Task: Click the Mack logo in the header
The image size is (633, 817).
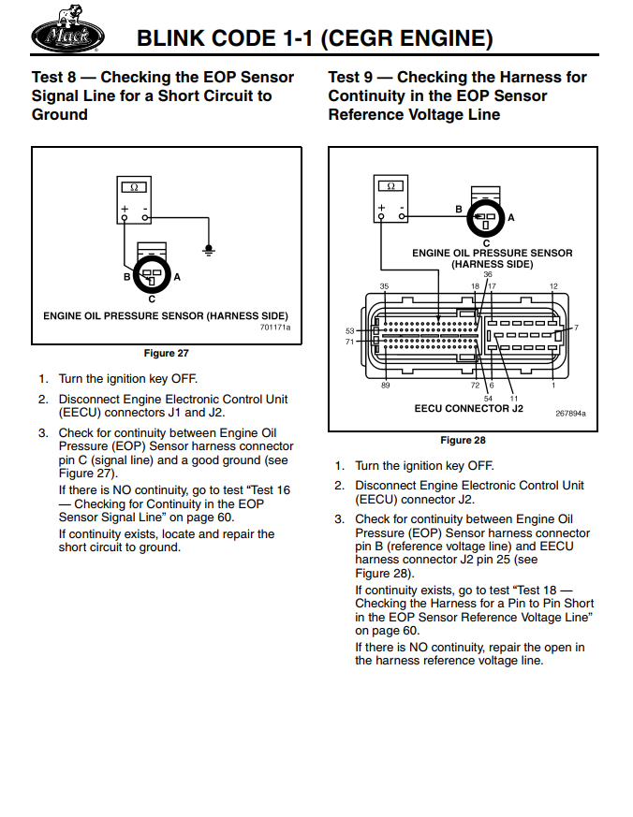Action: (68, 35)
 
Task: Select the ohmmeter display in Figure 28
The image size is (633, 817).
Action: (390, 186)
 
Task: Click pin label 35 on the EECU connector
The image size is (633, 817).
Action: (384, 286)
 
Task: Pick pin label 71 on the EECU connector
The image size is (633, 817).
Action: (350, 342)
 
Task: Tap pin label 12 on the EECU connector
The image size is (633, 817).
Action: (553, 286)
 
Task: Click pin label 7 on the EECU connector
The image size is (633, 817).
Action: (576, 328)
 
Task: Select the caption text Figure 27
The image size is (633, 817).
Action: (166, 353)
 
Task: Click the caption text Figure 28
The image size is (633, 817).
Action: (463, 440)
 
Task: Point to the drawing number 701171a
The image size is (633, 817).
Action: (275, 328)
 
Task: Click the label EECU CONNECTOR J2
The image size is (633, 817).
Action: (468, 409)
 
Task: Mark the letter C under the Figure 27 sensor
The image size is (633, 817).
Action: (152, 299)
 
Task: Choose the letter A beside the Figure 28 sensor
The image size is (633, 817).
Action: (511, 217)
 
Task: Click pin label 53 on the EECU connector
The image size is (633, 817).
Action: (350, 330)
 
